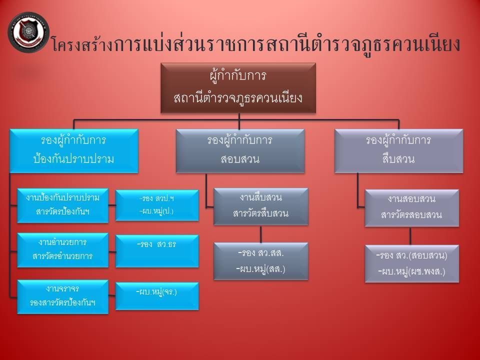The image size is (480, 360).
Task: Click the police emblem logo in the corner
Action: (x=28, y=32)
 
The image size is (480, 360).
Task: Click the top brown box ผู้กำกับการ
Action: (x=238, y=87)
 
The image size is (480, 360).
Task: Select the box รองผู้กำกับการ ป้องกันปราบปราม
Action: (x=73, y=150)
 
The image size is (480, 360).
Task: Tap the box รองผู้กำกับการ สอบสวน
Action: (x=239, y=150)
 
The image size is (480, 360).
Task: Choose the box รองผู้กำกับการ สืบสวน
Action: (x=398, y=150)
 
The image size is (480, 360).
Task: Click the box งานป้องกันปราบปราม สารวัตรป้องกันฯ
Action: (x=62, y=205)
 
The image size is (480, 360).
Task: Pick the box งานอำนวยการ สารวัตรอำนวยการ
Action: (x=62, y=249)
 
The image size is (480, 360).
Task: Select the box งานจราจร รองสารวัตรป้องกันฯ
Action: (x=62, y=296)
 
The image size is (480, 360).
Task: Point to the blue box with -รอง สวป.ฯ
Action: (x=157, y=205)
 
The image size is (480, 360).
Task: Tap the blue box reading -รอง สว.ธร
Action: (x=157, y=250)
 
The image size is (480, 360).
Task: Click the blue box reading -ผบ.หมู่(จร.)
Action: (x=157, y=295)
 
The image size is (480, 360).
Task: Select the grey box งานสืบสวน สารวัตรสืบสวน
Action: (x=260, y=206)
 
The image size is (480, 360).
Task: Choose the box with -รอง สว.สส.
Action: (x=260, y=260)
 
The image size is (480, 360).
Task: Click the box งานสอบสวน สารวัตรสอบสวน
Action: (x=411, y=207)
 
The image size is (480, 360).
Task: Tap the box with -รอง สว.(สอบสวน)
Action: (x=411, y=263)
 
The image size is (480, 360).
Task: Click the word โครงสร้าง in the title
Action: (x=81, y=45)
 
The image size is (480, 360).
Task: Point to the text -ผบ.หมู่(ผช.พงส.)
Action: (x=411, y=272)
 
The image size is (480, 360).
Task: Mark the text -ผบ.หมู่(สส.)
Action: (x=260, y=269)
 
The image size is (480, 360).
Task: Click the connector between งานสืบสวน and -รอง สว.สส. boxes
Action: (x=260, y=234)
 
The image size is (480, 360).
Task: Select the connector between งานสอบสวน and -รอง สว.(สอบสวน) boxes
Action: (x=410, y=236)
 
